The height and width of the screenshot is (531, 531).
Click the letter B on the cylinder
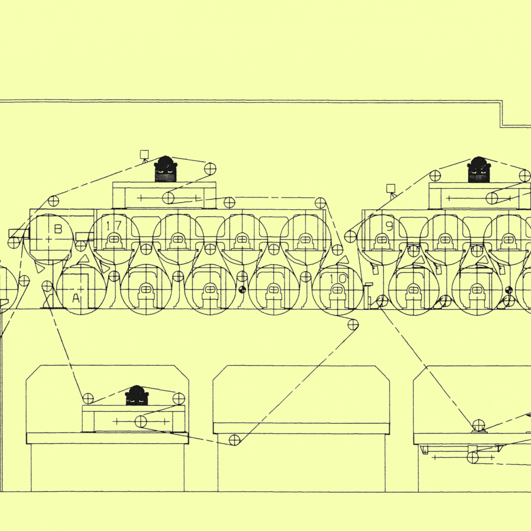[58, 229]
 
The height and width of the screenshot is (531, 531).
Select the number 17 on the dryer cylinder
[114, 226]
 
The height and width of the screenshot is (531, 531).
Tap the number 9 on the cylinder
[389, 226]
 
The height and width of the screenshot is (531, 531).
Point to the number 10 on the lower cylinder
[338, 279]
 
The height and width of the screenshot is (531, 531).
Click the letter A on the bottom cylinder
[76, 298]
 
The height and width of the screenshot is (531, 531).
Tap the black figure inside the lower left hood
[137, 395]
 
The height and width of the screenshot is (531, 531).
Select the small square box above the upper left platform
[144, 154]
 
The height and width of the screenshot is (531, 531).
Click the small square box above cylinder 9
[390, 188]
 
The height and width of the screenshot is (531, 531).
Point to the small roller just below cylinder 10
[353, 325]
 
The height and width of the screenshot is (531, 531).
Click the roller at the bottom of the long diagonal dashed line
[234, 440]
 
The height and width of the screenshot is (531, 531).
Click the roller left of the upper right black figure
[435, 176]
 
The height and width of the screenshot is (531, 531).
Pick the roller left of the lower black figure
[88, 398]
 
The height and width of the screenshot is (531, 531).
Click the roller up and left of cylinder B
[53, 201]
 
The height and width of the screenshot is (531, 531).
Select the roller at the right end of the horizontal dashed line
[320, 203]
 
